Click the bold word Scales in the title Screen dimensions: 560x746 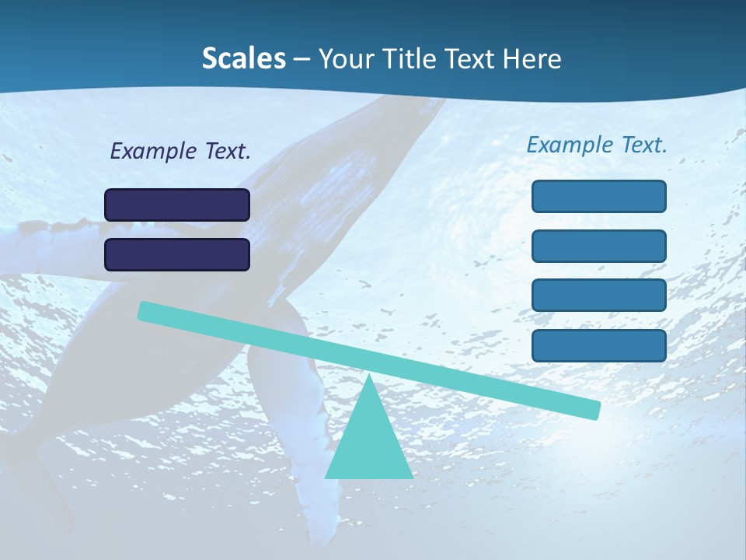(x=243, y=59)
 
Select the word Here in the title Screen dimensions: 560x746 (x=532, y=59)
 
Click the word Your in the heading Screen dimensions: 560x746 (x=348, y=59)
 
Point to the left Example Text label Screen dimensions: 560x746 (x=180, y=152)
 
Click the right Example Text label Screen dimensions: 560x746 (x=597, y=145)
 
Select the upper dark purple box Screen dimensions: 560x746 (x=177, y=205)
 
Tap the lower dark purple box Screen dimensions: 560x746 (x=177, y=254)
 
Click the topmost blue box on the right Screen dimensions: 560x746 (x=599, y=196)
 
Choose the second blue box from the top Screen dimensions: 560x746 (x=599, y=246)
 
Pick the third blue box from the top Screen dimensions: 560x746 (x=599, y=296)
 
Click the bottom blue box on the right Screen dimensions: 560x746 (x=599, y=345)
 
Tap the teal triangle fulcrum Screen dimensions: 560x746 (x=368, y=443)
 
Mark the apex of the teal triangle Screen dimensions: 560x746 (x=368, y=376)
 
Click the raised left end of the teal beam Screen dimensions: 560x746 (x=145, y=310)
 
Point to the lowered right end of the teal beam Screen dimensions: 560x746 (x=594, y=410)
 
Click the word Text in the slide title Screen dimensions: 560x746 (x=475, y=59)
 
